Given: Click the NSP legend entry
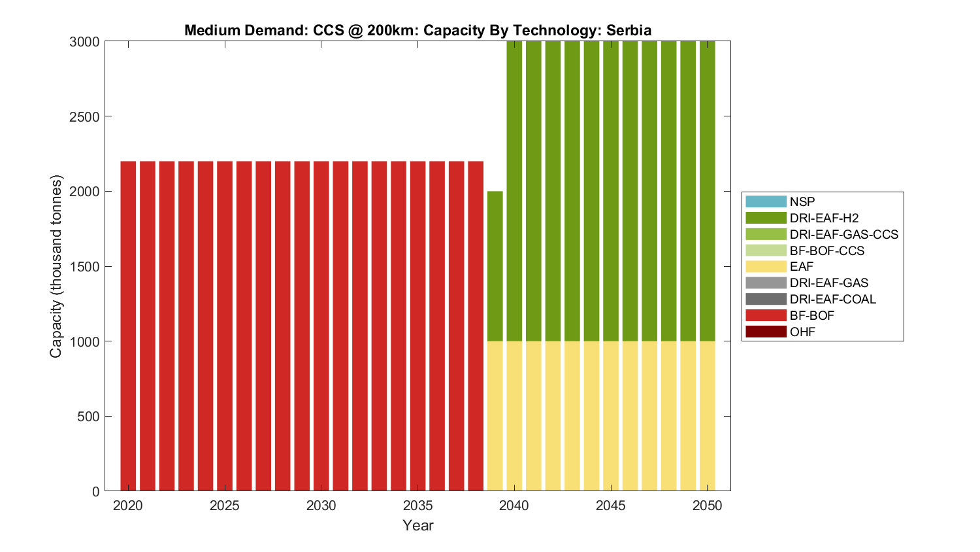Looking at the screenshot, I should (x=802, y=202).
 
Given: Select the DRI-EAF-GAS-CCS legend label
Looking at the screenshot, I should (x=843, y=234).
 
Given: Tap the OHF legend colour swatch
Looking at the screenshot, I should (x=766, y=332).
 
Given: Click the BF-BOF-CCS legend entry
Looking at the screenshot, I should (x=826, y=250).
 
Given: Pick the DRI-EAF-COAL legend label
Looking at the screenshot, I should (x=832, y=300).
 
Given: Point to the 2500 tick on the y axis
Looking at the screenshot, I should (x=84, y=116).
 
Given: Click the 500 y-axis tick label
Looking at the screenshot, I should (x=89, y=417).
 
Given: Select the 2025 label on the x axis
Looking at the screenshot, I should (x=225, y=506).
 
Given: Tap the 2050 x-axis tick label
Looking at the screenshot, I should (x=708, y=506).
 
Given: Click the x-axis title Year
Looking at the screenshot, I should (x=418, y=525).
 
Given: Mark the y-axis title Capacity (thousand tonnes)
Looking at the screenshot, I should (x=56, y=266).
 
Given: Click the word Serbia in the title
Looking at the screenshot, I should (x=629, y=30).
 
